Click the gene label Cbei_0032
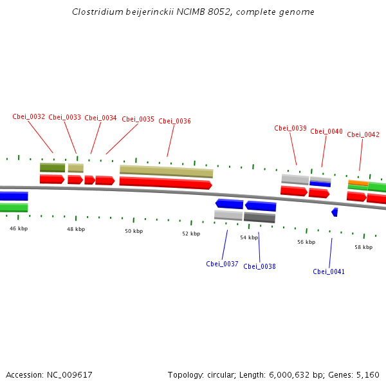click(x=28, y=117)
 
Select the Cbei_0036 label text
click(x=174, y=121)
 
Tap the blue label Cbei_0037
click(x=222, y=264)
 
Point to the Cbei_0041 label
click(x=329, y=271)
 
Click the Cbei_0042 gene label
click(x=363, y=134)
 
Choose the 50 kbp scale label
click(x=134, y=231)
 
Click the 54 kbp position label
click(x=249, y=237)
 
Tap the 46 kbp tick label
click(x=19, y=228)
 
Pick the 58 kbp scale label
click(x=363, y=247)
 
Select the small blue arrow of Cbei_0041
click(x=335, y=212)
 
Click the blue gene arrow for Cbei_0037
click(x=229, y=204)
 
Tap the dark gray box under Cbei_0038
click(x=259, y=217)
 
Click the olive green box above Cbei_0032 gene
click(x=52, y=167)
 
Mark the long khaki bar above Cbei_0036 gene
click(x=166, y=170)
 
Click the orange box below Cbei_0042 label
click(x=358, y=183)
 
